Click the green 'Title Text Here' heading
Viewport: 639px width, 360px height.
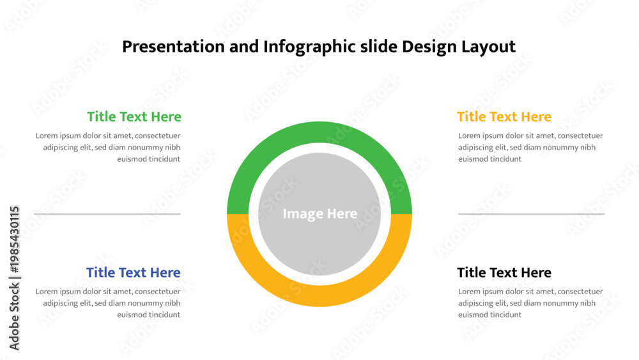[x=134, y=116]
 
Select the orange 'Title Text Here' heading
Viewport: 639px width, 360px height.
[x=504, y=116]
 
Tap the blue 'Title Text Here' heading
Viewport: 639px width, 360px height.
[x=134, y=272]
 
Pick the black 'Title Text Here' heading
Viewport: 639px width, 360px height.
[x=504, y=272]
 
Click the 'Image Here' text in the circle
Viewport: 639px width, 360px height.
[x=320, y=214]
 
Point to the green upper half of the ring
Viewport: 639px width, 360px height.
[x=319, y=132]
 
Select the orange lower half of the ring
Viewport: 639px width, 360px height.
[x=319, y=296]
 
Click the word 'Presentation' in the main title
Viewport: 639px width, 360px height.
[x=173, y=47]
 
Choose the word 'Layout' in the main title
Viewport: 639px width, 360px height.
[x=489, y=47]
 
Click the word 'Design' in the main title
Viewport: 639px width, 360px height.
[x=429, y=47]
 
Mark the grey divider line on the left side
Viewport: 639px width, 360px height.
[x=107, y=214]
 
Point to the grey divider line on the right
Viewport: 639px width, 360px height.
[x=532, y=214]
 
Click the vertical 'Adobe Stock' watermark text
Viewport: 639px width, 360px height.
[x=14, y=317]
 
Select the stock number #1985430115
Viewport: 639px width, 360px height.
[x=14, y=240]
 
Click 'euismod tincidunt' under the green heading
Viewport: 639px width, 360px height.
[x=149, y=159]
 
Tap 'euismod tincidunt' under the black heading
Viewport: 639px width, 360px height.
[x=490, y=315]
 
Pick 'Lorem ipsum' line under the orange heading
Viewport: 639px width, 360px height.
[x=530, y=136]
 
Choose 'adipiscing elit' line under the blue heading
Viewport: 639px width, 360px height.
[x=112, y=303]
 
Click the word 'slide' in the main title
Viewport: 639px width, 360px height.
[x=379, y=47]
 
